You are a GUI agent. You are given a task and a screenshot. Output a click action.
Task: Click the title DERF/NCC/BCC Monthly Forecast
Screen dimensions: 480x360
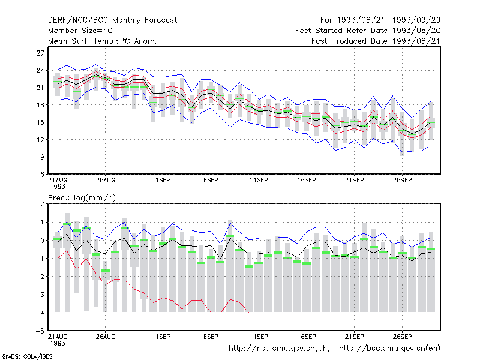point(112,20)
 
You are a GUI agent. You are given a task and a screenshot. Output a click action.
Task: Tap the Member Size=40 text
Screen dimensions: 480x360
point(80,31)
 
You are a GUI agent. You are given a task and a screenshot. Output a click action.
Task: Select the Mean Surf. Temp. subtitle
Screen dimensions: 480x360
point(102,41)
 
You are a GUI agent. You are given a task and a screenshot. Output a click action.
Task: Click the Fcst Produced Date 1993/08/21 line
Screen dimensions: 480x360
point(376,41)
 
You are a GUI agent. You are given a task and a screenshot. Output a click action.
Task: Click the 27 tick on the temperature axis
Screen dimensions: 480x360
point(40,53)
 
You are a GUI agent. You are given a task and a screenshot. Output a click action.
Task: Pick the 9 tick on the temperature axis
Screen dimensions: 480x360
point(42,157)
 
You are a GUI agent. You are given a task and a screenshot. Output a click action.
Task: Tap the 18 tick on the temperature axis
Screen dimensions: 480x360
point(40,105)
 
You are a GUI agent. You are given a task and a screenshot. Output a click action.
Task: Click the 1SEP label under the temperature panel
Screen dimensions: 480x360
point(163,181)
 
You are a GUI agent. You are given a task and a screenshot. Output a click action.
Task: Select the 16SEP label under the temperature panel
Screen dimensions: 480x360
point(307,181)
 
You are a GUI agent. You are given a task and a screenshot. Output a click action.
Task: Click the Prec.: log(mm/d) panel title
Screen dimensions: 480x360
point(82,198)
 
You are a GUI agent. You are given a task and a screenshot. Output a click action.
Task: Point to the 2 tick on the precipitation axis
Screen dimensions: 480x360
point(42,204)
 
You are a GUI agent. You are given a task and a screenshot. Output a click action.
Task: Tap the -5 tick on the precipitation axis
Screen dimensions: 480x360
point(40,331)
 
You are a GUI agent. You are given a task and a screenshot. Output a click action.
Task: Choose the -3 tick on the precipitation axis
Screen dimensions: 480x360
point(40,295)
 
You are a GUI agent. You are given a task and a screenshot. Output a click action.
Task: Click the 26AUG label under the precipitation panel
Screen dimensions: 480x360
point(106,337)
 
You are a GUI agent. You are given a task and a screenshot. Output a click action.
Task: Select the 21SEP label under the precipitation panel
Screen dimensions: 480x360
point(355,337)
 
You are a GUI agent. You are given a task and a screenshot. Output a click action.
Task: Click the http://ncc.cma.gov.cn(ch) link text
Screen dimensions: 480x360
point(279,349)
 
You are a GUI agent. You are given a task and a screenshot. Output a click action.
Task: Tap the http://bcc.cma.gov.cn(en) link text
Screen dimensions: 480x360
point(389,349)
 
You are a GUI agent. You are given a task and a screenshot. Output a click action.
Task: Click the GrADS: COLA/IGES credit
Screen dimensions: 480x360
point(27,356)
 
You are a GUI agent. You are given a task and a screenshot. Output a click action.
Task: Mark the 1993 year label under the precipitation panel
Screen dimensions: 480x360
point(58,343)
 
